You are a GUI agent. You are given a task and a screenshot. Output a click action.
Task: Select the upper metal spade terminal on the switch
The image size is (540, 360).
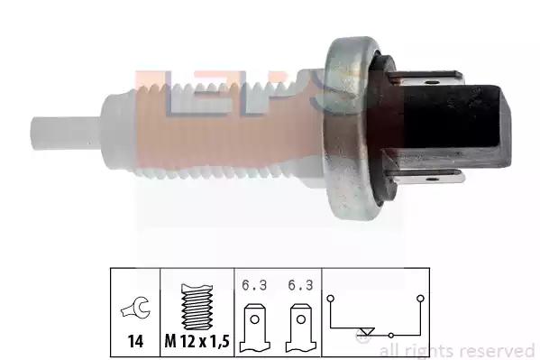[x=427, y=78]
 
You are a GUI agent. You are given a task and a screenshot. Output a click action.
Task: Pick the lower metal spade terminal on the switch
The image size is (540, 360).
[x=427, y=177]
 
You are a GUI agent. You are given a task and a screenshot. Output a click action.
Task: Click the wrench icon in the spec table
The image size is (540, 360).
[x=135, y=308]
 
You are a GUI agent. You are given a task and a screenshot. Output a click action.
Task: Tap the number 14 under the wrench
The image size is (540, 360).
[x=135, y=341]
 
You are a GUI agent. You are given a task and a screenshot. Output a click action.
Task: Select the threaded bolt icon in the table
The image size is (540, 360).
[x=197, y=307]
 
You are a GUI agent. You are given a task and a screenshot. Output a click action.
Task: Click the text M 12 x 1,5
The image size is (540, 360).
[x=197, y=341]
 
